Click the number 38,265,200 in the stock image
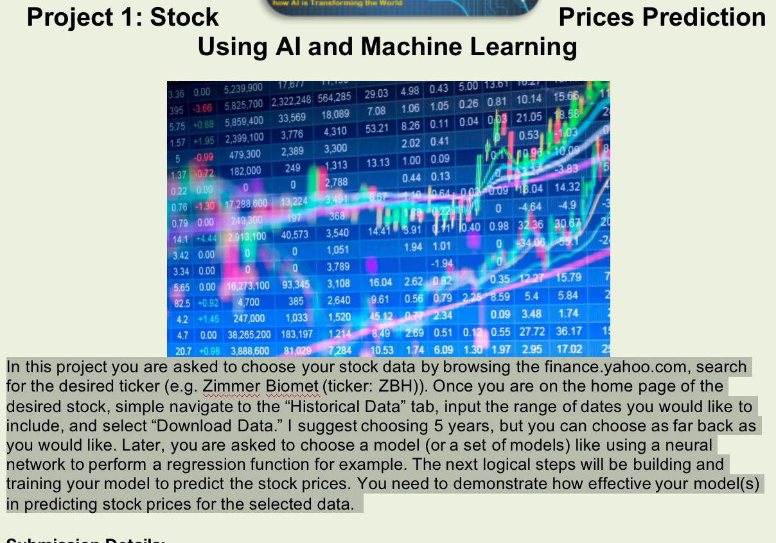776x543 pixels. pyautogui.click(x=246, y=334)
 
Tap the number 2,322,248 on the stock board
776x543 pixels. pyautogui.click(x=290, y=100)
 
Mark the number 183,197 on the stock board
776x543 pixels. pyautogui.click(x=296, y=334)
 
